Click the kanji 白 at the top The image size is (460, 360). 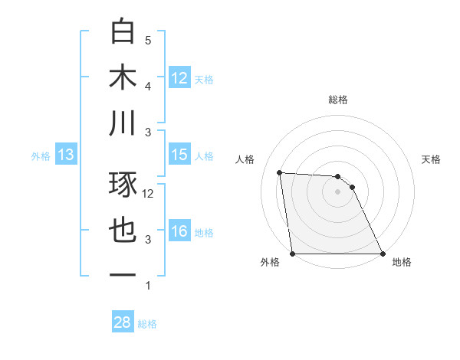point(123,31)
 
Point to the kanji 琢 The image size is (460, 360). point(123,183)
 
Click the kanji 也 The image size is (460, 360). point(123,230)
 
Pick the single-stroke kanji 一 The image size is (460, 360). point(123,276)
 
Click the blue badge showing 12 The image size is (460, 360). point(179,77)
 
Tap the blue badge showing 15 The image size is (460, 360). point(179,155)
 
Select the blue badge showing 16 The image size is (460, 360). point(179,231)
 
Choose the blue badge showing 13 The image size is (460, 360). point(66,155)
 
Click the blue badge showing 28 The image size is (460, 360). point(123,322)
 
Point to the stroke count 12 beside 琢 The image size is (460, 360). point(148,194)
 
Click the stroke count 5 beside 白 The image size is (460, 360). point(148,41)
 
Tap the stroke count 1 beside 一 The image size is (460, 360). point(148,286)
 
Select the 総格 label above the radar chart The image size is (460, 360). point(338,100)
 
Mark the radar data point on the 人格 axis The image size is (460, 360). point(280,172)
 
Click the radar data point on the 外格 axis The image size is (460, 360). point(292,254)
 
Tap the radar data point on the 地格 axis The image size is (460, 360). point(383,254)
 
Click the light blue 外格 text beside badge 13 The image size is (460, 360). point(41,155)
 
